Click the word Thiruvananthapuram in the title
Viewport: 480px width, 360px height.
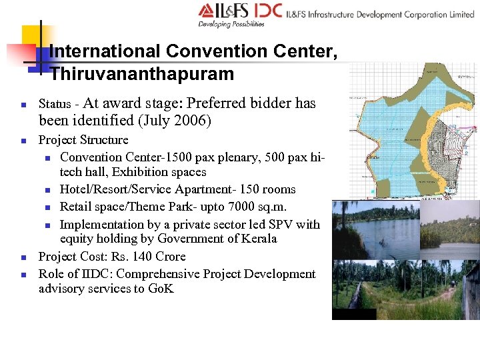point(142,74)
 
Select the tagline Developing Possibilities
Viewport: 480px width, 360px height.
point(231,24)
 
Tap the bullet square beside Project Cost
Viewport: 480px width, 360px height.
point(23,257)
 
